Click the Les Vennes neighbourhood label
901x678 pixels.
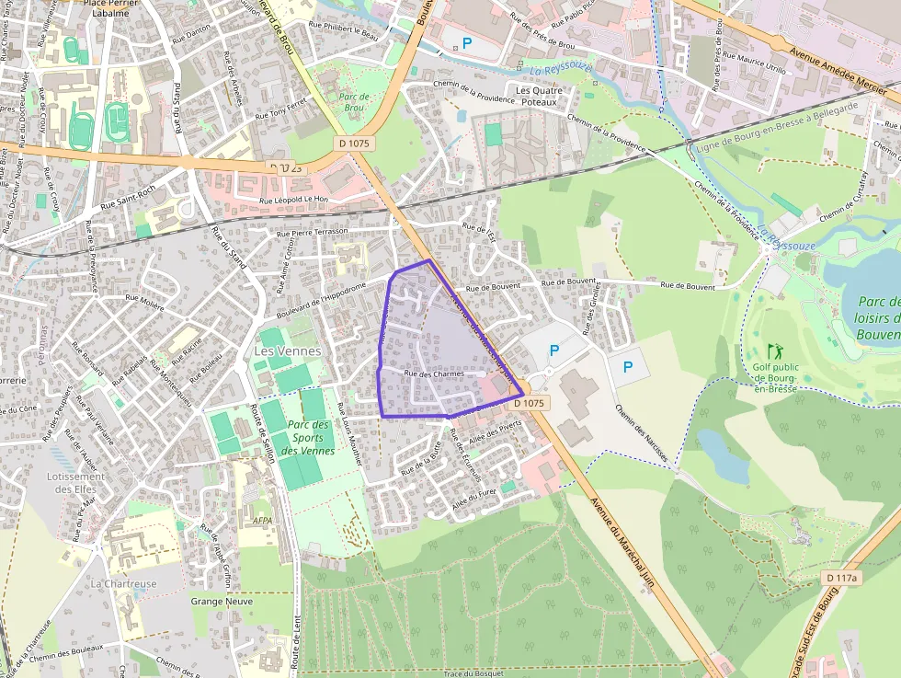(x=287, y=350)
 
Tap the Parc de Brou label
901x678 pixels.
(x=353, y=102)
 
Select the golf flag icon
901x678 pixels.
(x=774, y=350)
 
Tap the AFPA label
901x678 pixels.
(x=262, y=520)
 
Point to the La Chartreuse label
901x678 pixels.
(x=123, y=584)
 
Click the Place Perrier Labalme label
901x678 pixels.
(x=117, y=7)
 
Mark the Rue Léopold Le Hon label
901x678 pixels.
(x=293, y=200)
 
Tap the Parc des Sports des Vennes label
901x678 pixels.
(x=306, y=437)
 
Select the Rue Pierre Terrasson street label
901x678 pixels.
(x=313, y=231)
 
